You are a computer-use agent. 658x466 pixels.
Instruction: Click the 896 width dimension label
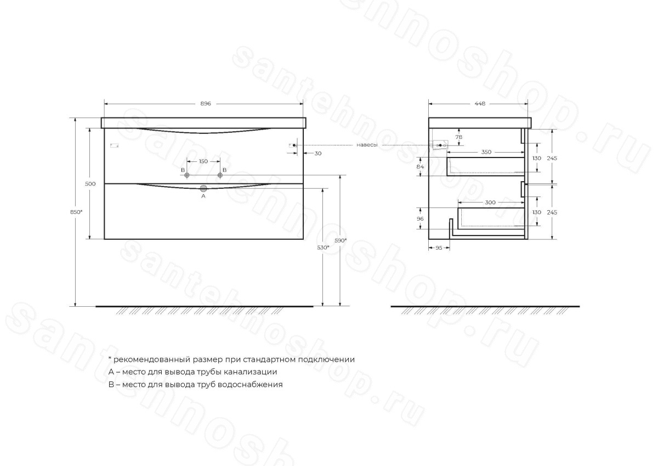tap(206, 104)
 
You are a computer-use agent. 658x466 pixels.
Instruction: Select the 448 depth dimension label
tap(480, 104)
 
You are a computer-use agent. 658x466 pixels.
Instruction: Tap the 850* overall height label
tap(76, 212)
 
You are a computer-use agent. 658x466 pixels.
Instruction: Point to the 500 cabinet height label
tap(90, 184)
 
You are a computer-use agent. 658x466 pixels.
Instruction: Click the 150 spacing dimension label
tap(203, 161)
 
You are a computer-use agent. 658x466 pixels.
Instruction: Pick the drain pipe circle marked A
tap(203, 188)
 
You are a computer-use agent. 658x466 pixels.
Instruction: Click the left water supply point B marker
tap(186, 175)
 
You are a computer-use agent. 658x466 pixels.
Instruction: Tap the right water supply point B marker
tap(220, 175)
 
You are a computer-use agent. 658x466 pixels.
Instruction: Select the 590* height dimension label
tap(341, 240)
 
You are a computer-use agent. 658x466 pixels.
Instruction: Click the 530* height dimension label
tap(323, 248)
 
